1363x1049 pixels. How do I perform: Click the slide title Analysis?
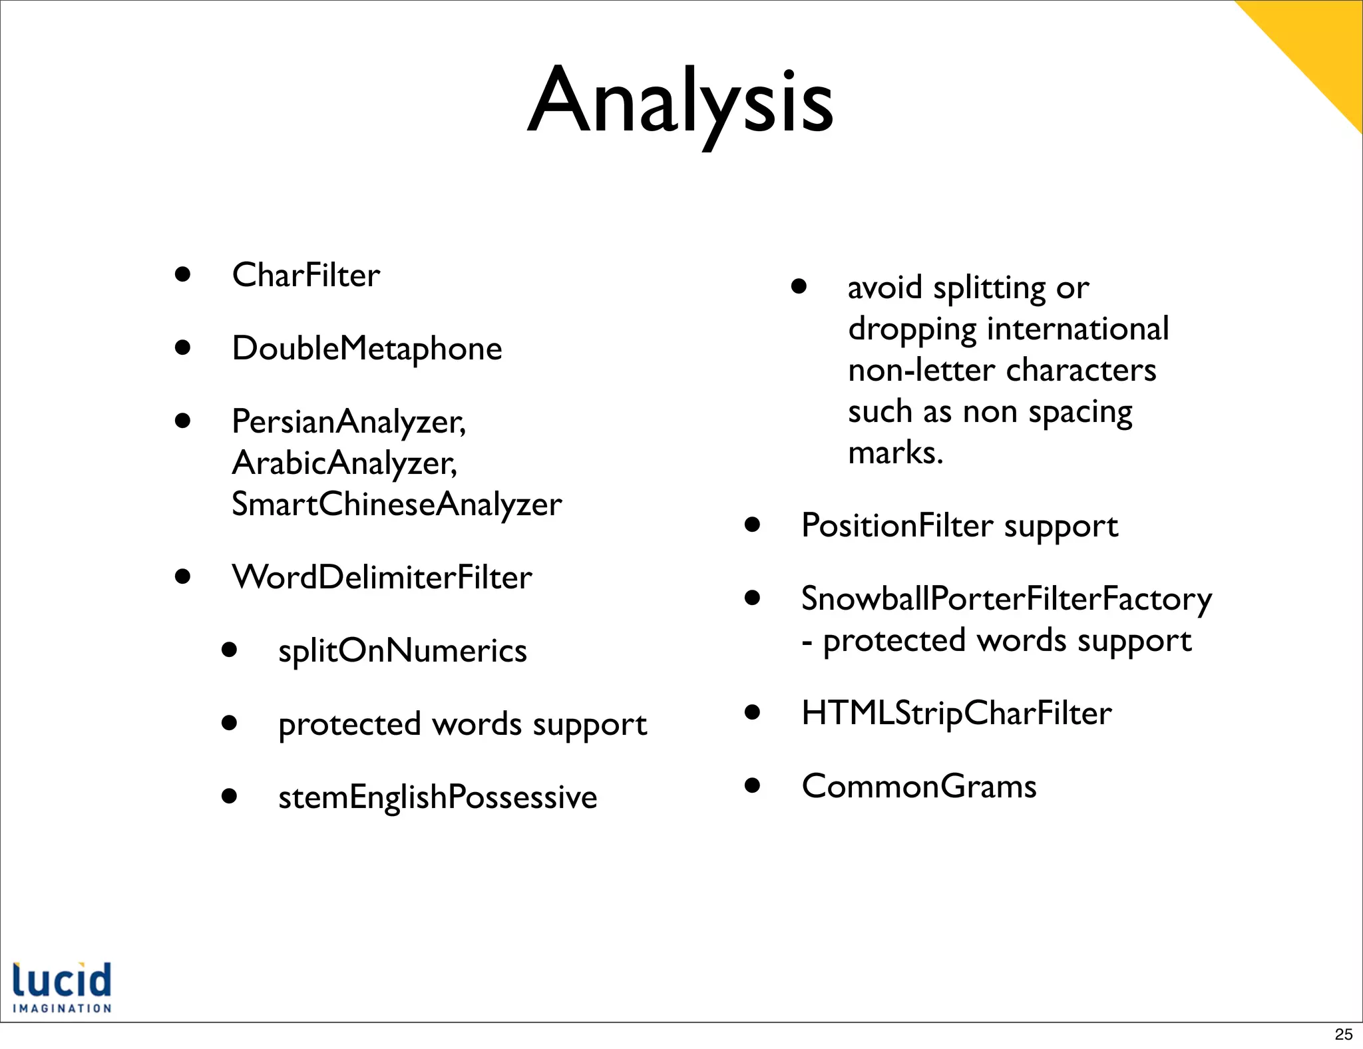click(680, 101)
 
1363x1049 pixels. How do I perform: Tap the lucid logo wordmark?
click(62, 980)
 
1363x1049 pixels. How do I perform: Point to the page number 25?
click(1343, 1034)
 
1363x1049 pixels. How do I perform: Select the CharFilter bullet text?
click(305, 275)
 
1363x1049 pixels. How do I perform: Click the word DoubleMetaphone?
click(367, 348)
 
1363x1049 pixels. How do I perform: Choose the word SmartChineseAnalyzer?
click(397, 504)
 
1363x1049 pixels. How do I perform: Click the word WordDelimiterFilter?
click(381, 577)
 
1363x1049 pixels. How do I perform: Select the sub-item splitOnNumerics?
click(402, 650)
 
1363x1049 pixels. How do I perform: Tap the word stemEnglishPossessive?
click(437, 797)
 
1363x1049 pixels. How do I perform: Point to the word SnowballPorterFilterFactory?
click(1006, 598)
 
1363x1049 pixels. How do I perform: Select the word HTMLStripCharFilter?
click(956, 713)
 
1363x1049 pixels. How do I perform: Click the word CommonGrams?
click(918, 786)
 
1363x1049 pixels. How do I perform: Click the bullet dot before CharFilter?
click(183, 274)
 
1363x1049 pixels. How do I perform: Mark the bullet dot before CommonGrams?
click(752, 785)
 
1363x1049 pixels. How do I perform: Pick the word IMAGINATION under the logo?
click(62, 1008)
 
